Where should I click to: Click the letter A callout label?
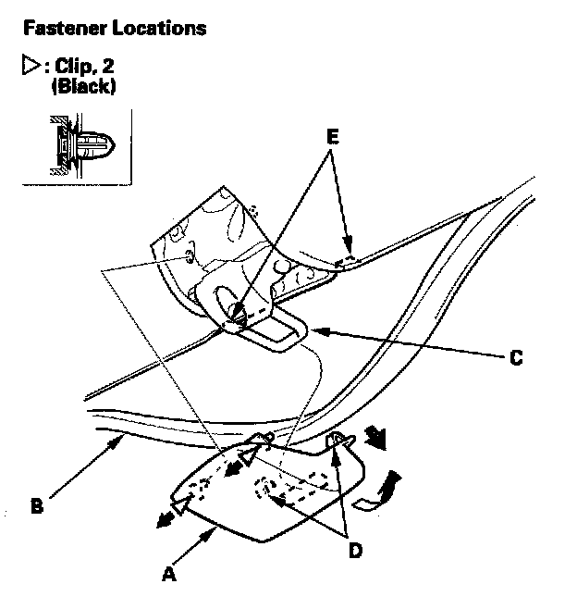168,575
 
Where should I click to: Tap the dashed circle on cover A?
265,488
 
